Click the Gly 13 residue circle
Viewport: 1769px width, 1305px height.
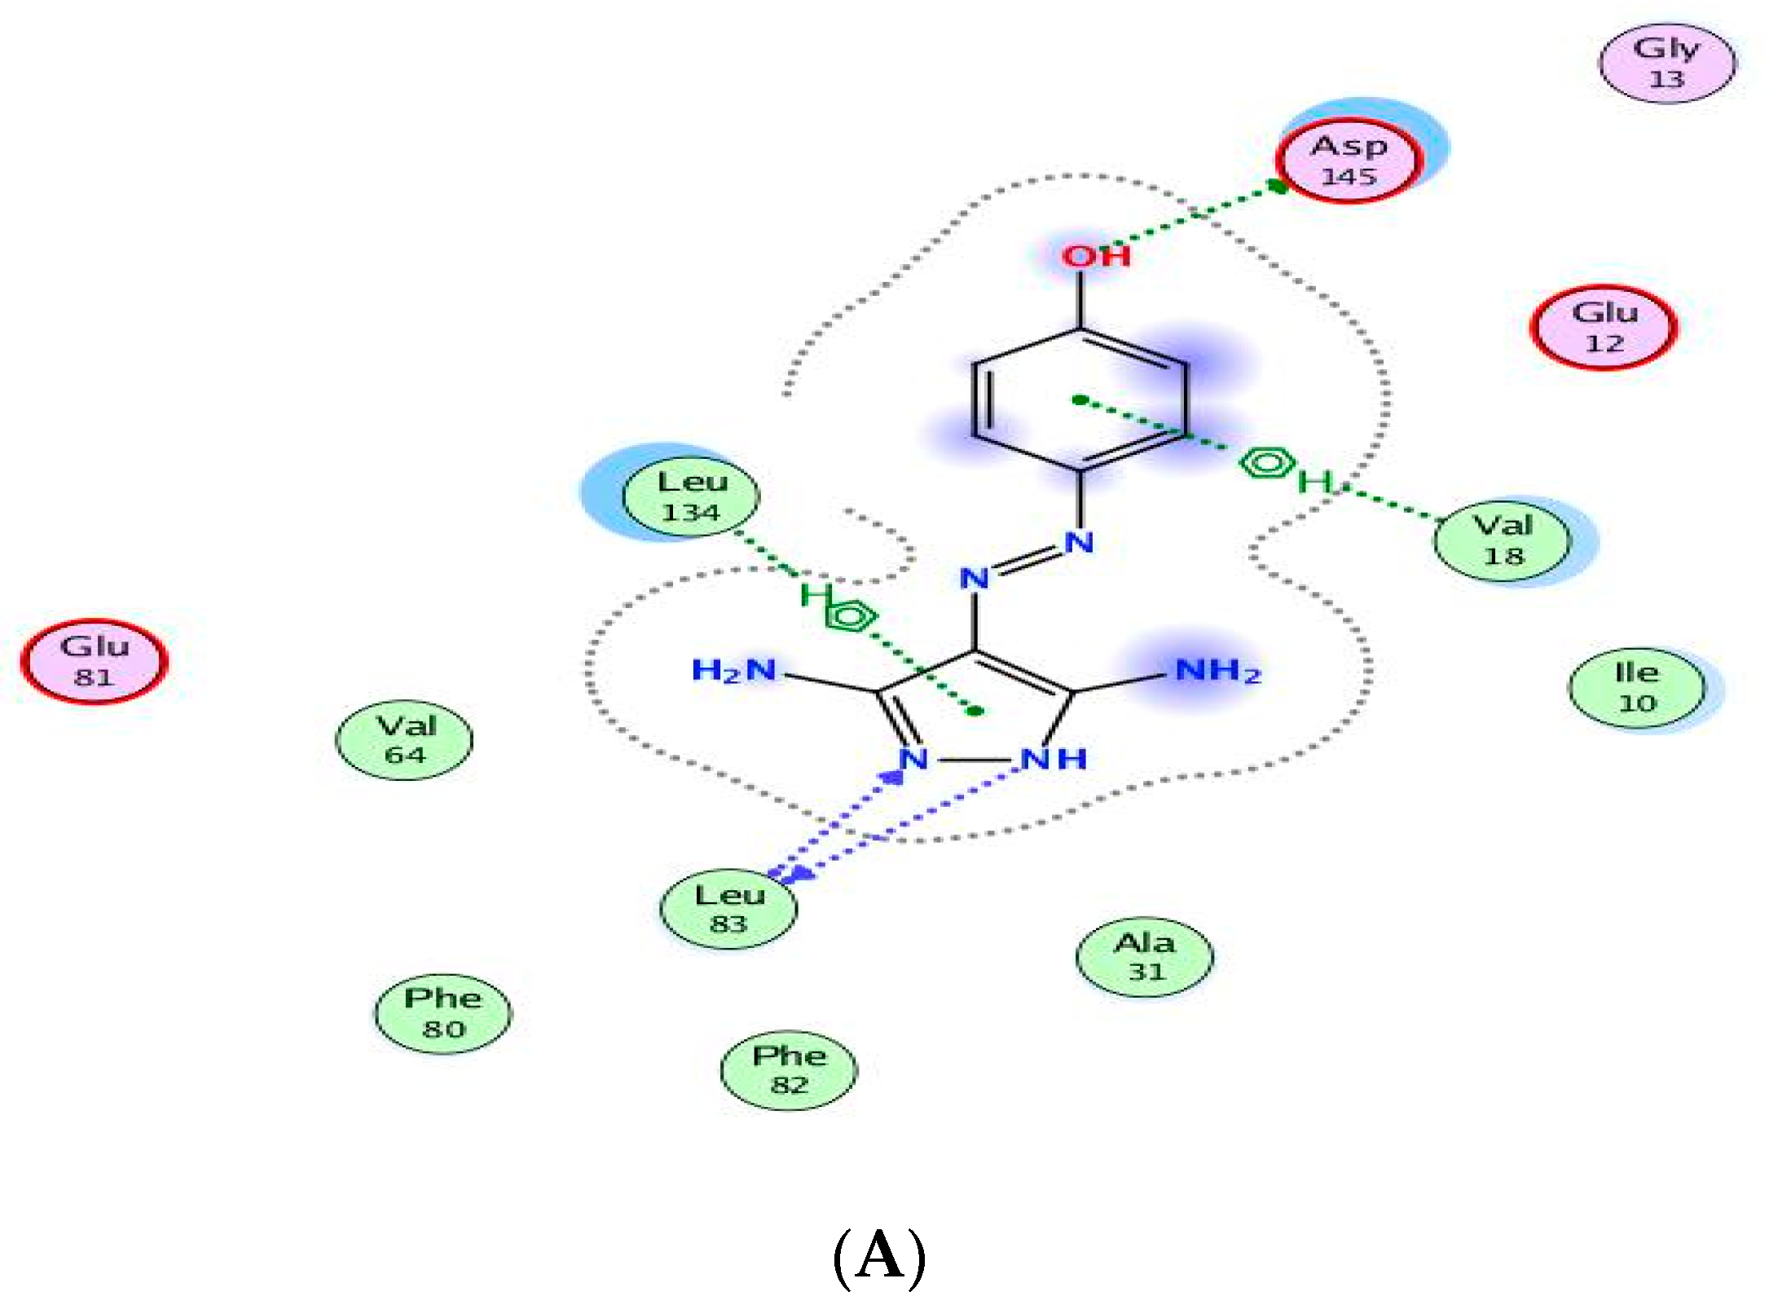click(x=1667, y=64)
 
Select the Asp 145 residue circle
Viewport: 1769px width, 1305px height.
click(x=1349, y=161)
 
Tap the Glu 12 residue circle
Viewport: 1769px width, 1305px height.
click(x=1604, y=327)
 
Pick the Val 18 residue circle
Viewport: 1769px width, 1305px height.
click(x=1503, y=540)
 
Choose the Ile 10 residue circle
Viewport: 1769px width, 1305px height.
click(x=1636, y=687)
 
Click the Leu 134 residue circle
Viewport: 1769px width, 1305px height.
click(x=691, y=496)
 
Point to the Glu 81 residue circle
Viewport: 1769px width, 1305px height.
click(x=94, y=661)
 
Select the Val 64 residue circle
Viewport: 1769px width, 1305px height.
click(x=404, y=740)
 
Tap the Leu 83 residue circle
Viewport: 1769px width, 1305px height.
click(x=728, y=909)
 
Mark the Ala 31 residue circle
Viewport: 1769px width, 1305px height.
click(x=1145, y=957)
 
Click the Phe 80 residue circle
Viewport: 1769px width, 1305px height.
click(x=443, y=1013)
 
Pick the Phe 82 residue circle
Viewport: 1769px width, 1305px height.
click(x=789, y=1070)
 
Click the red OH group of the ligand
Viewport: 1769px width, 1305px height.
click(x=1096, y=256)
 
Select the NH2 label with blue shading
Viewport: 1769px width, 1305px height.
click(x=1218, y=671)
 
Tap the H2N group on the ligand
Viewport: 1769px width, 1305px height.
click(x=733, y=671)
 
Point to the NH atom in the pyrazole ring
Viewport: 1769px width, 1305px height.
click(x=1054, y=759)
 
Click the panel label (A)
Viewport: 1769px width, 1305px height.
click(x=880, y=1256)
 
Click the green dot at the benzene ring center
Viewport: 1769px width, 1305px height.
click(x=1080, y=399)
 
